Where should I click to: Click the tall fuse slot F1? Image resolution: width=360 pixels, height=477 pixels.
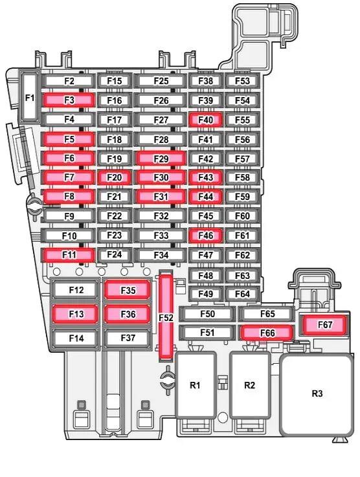click(x=30, y=96)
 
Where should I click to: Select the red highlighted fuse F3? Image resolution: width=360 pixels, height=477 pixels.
click(x=69, y=100)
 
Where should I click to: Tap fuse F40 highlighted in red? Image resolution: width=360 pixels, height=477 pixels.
click(x=205, y=120)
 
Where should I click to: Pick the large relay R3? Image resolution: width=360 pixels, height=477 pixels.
click(x=317, y=394)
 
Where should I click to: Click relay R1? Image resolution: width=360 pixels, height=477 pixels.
click(x=195, y=385)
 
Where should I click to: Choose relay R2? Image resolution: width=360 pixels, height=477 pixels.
click(x=249, y=385)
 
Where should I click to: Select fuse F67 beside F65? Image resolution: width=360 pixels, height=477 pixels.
click(x=325, y=325)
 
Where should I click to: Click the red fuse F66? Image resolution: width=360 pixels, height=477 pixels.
click(x=267, y=333)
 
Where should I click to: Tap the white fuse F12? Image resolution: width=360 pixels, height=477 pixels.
click(x=76, y=289)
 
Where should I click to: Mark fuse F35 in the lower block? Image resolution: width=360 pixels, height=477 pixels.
click(x=128, y=290)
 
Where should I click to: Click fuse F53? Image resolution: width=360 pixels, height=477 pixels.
click(x=242, y=81)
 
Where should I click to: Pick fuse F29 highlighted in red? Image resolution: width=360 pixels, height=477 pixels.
click(x=161, y=159)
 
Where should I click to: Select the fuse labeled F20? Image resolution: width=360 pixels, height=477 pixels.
click(x=114, y=177)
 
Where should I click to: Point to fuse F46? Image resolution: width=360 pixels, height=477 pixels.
click(x=205, y=236)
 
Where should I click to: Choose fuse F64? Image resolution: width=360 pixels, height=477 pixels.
click(x=242, y=294)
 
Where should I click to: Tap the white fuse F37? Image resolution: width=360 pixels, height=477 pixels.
click(x=128, y=338)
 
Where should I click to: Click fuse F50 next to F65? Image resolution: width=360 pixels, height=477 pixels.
click(x=207, y=314)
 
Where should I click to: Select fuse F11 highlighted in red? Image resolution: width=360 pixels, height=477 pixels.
click(x=69, y=254)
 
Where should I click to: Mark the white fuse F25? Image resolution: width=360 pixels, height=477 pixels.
click(x=161, y=81)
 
